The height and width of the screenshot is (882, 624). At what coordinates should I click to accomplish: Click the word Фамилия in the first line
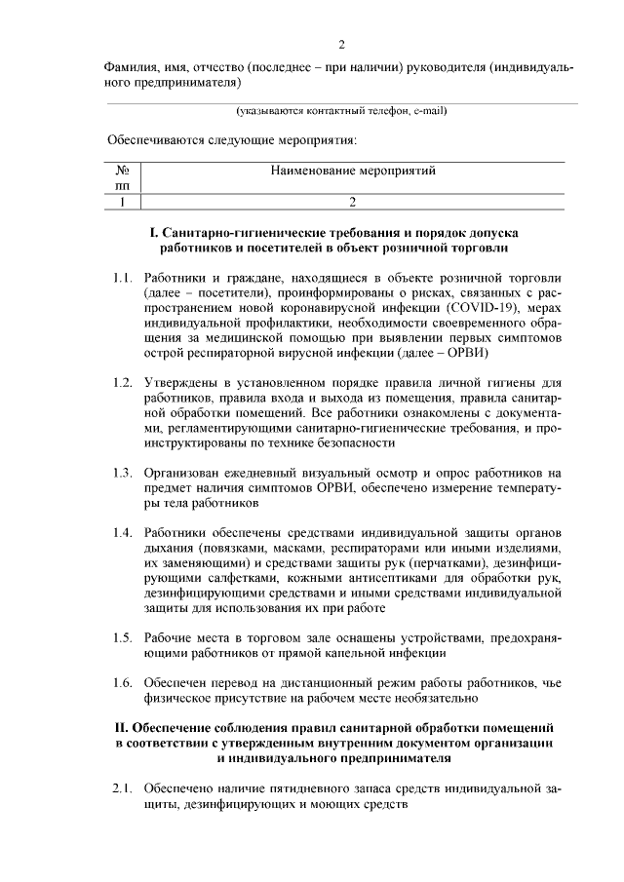click(x=132, y=68)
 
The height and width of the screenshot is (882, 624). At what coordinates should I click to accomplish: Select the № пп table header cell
click(x=122, y=177)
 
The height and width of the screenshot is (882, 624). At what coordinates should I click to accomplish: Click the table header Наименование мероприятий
click(x=352, y=171)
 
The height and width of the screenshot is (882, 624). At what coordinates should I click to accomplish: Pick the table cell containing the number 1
click(x=122, y=202)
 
